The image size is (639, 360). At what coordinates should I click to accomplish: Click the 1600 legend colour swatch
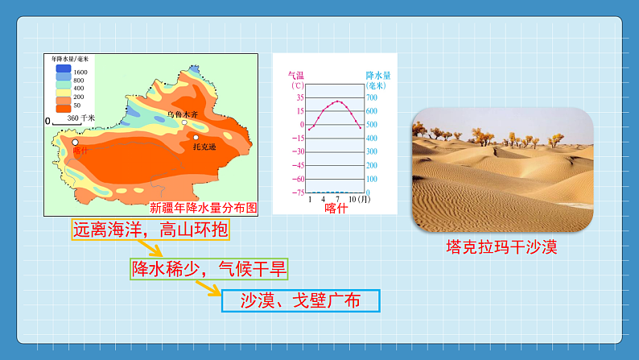click(61, 72)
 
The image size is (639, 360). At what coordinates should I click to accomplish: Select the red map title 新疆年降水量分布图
click(204, 207)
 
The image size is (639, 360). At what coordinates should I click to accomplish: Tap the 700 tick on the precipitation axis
click(372, 97)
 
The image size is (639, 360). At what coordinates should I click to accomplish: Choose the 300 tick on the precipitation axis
click(372, 151)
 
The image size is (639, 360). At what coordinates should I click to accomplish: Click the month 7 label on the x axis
click(337, 199)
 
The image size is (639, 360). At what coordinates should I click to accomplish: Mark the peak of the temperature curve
click(337, 101)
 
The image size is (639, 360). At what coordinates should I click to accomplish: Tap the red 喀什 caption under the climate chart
click(336, 208)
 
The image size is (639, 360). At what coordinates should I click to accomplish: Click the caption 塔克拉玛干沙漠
click(502, 246)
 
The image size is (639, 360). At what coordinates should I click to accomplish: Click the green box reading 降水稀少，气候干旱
click(208, 269)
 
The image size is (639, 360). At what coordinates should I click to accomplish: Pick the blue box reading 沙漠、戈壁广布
click(299, 301)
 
